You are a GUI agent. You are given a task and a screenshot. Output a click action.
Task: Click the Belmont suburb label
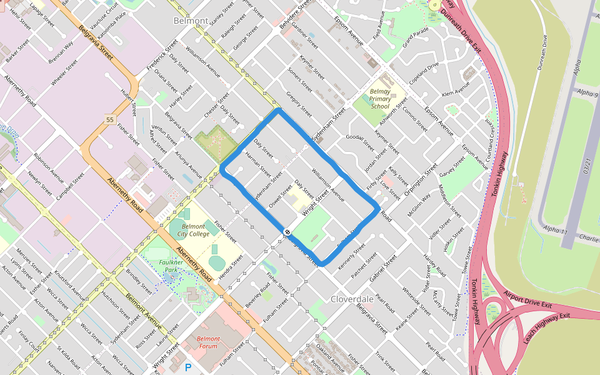(x=191, y=21)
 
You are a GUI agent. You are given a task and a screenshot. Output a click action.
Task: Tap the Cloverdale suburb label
(x=352, y=299)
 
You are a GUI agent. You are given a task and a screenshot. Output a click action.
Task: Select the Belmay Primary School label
(x=380, y=99)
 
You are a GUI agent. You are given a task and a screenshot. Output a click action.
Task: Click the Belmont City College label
(x=192, y=230)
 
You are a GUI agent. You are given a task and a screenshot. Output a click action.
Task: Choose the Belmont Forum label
(x=208, y=342)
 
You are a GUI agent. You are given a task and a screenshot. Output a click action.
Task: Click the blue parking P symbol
(x=187, y=368)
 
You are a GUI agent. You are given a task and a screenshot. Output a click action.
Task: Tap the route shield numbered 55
(x=111, y=119)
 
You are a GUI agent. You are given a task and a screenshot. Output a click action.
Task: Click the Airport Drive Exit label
(x=527, y=300)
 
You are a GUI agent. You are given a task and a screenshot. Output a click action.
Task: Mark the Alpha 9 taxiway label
(x=587, y=94)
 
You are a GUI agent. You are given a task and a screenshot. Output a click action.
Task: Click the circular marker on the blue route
(x=287, y=232)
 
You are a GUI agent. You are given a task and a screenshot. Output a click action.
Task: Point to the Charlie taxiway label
(x=588, y=238)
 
